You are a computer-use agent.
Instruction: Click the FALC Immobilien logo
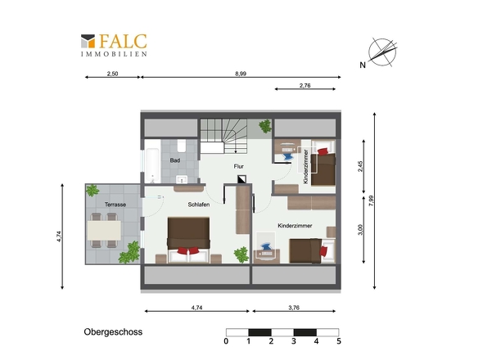[114, 45]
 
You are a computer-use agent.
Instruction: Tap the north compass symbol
[382, 52]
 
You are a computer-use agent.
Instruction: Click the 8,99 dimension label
[241, 74]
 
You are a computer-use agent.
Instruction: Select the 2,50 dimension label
[112, 74]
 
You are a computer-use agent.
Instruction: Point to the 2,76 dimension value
[305, 86]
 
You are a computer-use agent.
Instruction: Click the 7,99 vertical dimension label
[371, 200]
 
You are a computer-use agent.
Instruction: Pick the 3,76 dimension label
[294, 308]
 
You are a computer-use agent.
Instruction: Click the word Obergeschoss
[113, 332]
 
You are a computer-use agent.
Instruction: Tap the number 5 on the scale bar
[339, 341]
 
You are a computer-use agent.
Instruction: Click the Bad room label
[175, 160]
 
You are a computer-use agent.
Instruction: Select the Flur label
[239, 166]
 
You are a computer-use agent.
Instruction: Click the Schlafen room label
[199, 205]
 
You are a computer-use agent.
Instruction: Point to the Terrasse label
[115, 205]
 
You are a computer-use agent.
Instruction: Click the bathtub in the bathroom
[152, 165]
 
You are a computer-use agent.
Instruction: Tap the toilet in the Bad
[182, 146]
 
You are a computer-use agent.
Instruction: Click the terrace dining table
[104, 231]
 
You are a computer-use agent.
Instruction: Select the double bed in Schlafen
[189, 241]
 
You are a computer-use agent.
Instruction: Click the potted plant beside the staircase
[265, 126]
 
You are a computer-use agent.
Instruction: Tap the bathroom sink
[182, 179]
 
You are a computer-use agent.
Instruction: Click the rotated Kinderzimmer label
[305, 167]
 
